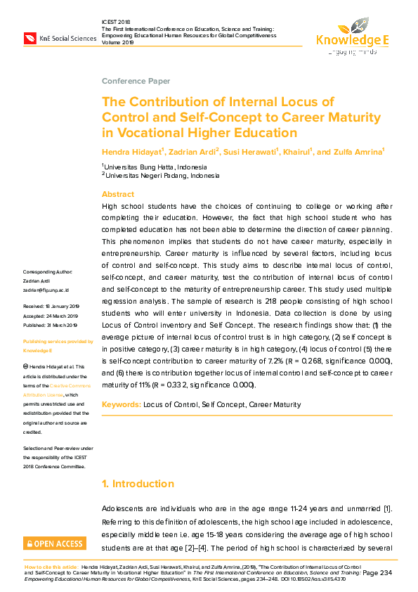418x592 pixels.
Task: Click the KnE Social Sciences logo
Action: tap(60, 37)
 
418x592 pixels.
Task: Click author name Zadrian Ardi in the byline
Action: tap(192, 152)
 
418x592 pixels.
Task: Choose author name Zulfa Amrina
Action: tap(356, 152)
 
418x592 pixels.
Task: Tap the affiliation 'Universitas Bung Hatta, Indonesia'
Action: tap(155, 167)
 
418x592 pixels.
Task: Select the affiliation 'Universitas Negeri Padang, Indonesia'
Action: tap(159, 176)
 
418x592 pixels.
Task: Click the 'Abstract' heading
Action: tap(118, 194)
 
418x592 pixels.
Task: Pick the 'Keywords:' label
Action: tap(121, 404)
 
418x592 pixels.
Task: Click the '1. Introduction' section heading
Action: tap(138, 484)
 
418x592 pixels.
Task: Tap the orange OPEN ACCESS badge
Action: tap(55, 543)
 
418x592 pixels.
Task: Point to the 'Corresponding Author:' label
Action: tap(53, 271)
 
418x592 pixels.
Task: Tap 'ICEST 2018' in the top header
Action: tap(117, 22)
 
